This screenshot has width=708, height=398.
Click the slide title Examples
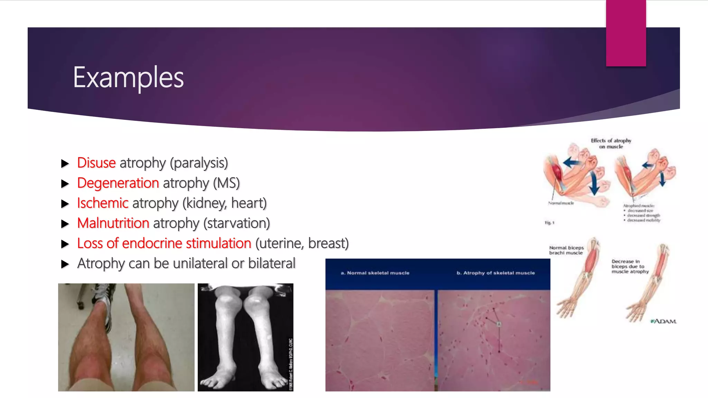(x=128, y=77)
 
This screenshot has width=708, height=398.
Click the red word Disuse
(x=96, y=163)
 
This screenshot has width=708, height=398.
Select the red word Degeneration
(x=118, y=183)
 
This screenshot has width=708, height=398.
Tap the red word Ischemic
(x=103, y=203)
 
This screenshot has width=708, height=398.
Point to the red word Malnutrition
(x=113, y=223)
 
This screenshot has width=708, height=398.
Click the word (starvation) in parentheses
(x=236, y=223)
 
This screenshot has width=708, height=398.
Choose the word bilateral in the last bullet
(x=272, y=263)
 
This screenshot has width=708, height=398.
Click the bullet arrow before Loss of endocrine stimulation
(x=65, y=244)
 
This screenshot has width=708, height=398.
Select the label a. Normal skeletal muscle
(x=375, y=273)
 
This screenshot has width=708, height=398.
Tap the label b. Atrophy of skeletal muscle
(x=495, y=273)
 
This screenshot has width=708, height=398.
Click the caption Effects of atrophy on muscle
(x=611, y=143)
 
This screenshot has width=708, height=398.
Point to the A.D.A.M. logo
(x=664, y=321)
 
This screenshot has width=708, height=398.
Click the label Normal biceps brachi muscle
(x=566, y=250)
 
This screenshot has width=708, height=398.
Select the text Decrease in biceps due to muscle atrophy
(x=630, y=266)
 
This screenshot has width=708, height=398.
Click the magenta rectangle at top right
(x=626, y=33)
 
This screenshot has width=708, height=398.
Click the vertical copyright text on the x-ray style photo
(x=290, y=364)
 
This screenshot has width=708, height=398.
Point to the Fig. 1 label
(x=549, y=222)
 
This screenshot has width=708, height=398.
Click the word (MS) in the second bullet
(x=226, y=183)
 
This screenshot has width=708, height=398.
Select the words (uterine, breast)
(x=302, y=243)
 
